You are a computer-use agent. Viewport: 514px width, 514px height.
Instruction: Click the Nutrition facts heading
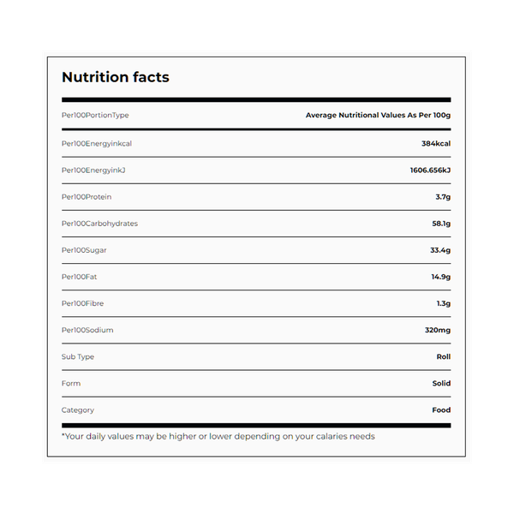click(x=116, y=77)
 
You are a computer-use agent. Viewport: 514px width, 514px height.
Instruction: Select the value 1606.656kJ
click(x=430, y=170)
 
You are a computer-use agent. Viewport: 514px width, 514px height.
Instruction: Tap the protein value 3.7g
click(x=443, y=197)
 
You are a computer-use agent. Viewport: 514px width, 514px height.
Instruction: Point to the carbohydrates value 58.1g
click(x=440, y=224)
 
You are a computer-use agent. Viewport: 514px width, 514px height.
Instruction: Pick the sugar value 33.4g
click(x=440, y=250)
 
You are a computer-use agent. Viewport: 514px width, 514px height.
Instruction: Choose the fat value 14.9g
click(x=440, y=277)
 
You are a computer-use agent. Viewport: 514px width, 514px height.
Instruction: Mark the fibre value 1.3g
click(x=443, y=303)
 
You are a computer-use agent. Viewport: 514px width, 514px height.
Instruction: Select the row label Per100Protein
click(x=87, y=197)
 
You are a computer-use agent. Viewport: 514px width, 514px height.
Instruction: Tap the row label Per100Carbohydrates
click(x=99, y=224)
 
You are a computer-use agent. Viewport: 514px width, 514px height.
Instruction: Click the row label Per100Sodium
click(x=87, y=330)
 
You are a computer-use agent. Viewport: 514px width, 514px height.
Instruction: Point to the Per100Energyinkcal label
click(x=97, y=143)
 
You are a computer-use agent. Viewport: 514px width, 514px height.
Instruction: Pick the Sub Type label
click(x=78, y=356)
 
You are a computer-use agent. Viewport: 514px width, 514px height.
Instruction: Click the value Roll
click(x=443, y=356)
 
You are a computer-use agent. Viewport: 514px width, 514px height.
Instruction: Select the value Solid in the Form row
click(x=441, y=383)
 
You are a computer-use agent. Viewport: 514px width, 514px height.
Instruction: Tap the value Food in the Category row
click(x=441, y=409)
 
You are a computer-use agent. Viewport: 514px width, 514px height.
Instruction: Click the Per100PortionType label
click(x=95, y=115)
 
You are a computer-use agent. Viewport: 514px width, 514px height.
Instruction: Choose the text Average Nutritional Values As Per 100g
click(x=378, y=115)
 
